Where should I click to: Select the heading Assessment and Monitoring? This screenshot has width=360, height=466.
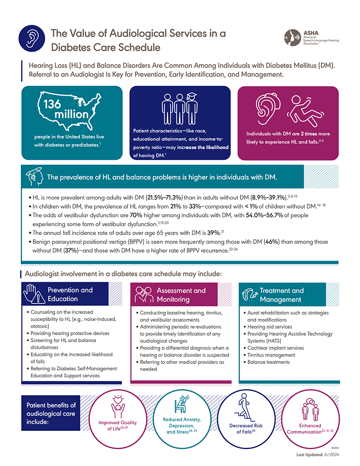[181, 295]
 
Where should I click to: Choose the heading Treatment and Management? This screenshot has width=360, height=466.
[282, 295]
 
